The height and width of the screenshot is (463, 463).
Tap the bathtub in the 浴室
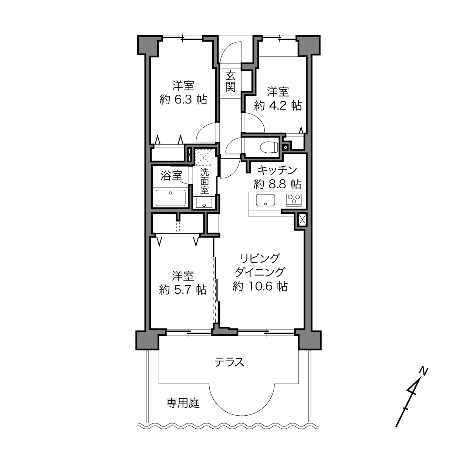(x=170, y=198)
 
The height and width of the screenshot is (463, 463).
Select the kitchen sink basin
(x=266, y=200)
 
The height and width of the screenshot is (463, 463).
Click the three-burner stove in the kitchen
(x=294, y=200)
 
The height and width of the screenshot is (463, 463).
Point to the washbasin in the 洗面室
(x=204, y=203)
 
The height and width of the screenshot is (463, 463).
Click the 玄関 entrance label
(x=230, y=81)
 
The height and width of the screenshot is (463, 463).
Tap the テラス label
(x=229, y=362)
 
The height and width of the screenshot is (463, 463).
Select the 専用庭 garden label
(x=183, y=403)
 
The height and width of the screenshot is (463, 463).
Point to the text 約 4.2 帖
(x=278, y=105)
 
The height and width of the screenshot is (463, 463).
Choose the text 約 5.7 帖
(x=183, y=290)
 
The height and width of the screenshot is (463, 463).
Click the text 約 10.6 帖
(x=260, y=286)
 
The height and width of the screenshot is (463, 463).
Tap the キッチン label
(x=277, y=170)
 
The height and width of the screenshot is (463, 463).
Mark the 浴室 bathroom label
(x=171, y=176)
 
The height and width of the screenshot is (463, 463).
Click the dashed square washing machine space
(x=204, y=158)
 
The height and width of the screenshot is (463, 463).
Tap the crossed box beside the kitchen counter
(x=302, y=220)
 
